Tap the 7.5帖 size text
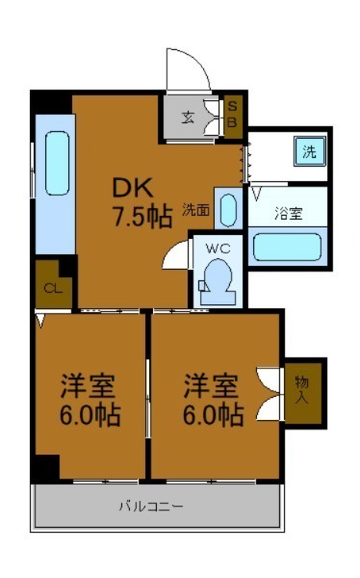point(141,217)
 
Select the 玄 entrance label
point(189,119)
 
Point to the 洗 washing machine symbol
point(310,151)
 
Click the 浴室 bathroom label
point(287,211)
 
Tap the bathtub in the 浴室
point(287,247)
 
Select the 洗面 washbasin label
point(196,208)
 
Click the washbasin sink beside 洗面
point(227,209)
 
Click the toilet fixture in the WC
point(218,281)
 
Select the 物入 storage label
point(302,389)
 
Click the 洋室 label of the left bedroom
point(88,386)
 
